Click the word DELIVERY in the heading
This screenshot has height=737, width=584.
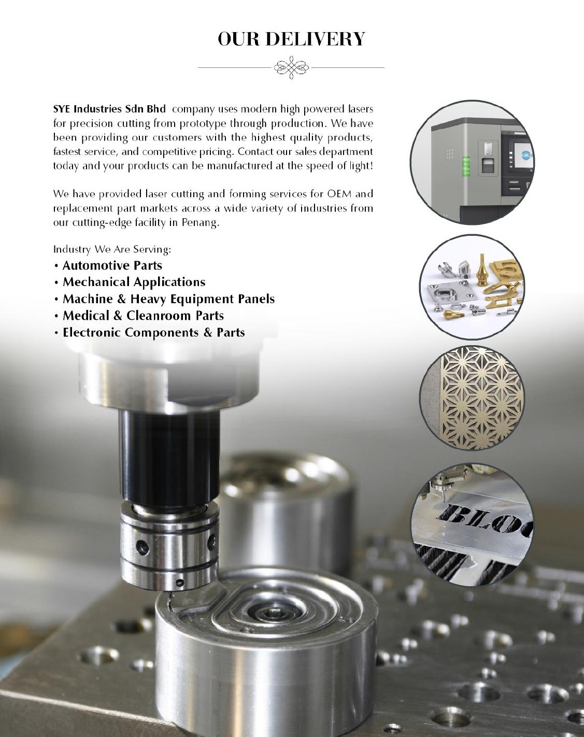pyautogui.click(x=315, y=39)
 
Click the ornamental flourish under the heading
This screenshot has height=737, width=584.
pyautogui.click(x=291, y=67)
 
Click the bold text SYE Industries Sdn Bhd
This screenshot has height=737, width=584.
pyautogui.click(x=109, y=109)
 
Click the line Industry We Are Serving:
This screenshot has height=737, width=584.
pyautogui.click(x=112, y=249)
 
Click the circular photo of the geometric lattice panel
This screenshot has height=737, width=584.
pyautogui.click(x=473, y=398)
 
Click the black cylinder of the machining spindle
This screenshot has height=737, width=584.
pyautogui.click(x=169, y=458)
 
